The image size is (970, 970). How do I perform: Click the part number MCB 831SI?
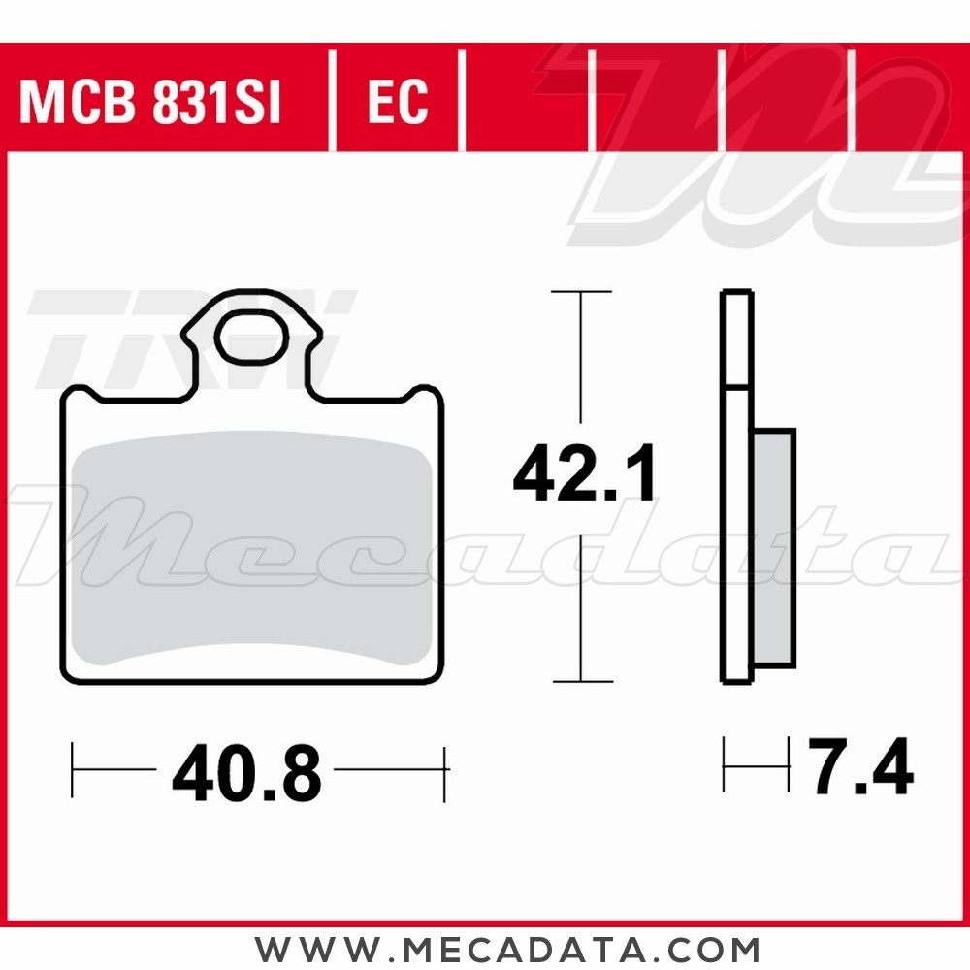150,103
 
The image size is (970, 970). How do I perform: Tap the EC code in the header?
398,103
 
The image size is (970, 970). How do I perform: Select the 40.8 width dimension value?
246,773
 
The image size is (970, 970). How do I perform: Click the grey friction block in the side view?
773,548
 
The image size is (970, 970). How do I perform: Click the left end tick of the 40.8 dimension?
74,772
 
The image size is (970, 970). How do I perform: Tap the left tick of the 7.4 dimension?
725,764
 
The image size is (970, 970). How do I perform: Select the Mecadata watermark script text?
485,543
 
